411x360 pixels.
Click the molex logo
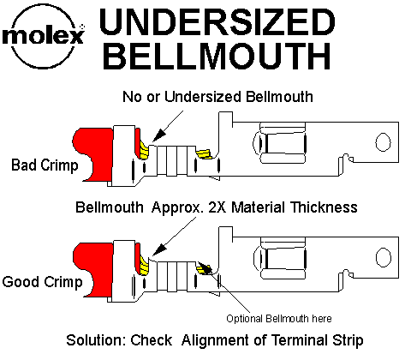click(44, 37)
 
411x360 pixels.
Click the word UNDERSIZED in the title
click(217, 21)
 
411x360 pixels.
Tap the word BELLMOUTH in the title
click(217, 56)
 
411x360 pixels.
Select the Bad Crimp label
click(45, 165)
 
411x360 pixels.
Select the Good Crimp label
click(42, 282)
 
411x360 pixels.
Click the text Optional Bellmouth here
click(279, 318)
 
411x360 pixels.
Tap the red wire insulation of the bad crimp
click(93, 154)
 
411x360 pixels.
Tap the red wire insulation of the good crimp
click(93, 270)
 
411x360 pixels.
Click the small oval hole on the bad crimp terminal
click(383, 142)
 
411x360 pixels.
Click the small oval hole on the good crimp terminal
click(383, 257)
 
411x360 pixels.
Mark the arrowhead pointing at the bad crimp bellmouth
click(158, 135)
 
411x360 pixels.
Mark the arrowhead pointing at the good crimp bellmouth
click(158, 249)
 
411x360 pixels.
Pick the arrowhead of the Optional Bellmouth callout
click(205, 267)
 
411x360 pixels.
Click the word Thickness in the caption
click(324, 207)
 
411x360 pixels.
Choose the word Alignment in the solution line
click(215, 340)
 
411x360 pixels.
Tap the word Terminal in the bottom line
click(300, 340)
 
